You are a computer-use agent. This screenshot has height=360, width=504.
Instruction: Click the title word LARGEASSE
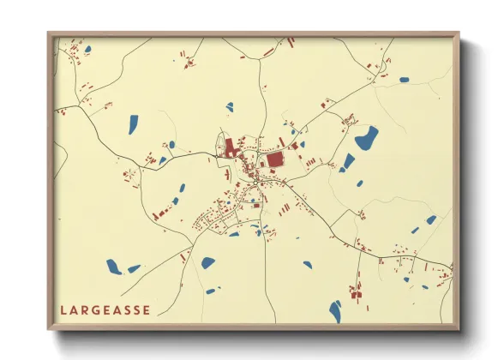105,309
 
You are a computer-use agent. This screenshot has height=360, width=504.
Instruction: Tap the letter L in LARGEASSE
63,309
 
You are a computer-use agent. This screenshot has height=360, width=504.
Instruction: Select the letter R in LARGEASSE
85,309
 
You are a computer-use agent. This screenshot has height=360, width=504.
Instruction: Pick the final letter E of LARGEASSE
147,309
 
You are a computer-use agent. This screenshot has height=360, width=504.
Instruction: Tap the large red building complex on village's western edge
231,148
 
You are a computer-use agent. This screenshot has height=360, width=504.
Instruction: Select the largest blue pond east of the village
367,136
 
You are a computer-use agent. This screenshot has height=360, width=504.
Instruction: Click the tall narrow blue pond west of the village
134,124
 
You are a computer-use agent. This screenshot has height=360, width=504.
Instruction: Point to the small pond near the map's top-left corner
87,50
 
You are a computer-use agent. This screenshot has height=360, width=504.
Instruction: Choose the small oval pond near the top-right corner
404,80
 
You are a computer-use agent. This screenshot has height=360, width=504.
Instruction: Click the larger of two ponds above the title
113,266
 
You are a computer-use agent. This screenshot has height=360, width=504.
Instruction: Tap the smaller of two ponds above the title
134,268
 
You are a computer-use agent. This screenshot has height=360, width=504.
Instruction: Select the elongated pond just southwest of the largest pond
349,160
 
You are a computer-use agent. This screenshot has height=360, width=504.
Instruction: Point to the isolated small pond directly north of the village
230,107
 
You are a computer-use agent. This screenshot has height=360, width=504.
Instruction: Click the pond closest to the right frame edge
431,220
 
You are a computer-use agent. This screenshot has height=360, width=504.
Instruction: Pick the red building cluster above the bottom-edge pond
355,287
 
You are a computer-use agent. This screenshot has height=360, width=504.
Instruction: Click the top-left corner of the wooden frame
49,34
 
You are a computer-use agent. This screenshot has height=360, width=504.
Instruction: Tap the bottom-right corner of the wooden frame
459,328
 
